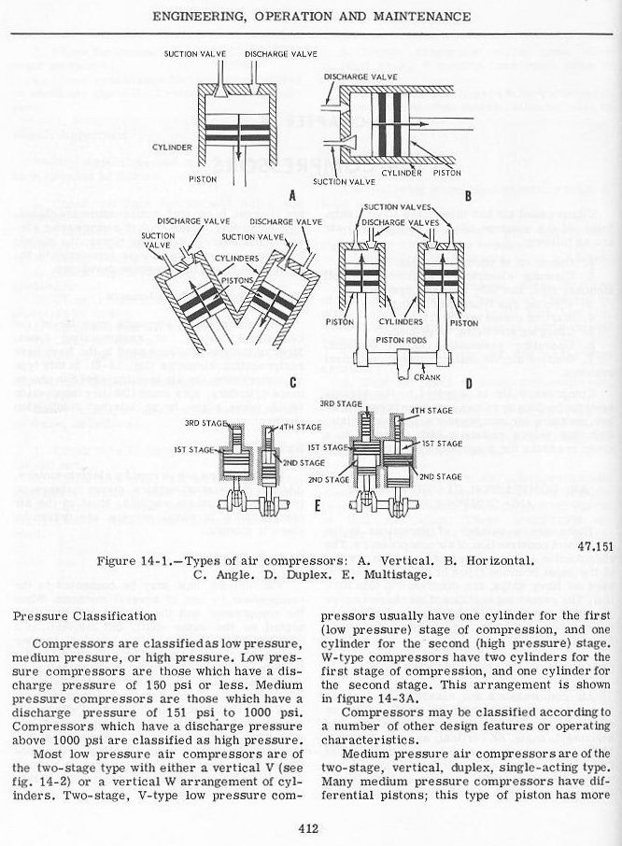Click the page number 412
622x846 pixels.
310,825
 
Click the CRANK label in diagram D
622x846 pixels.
428,377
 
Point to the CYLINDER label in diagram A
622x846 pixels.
170,148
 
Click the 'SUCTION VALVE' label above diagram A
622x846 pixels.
192,54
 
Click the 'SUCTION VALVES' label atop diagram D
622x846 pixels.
393,207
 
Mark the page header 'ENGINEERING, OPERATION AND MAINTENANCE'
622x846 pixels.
311,16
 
